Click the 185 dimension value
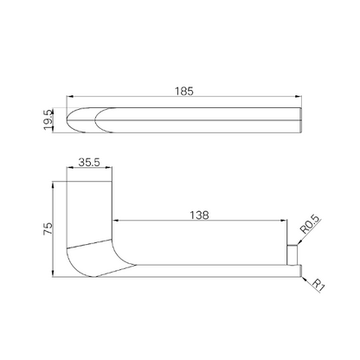coord(184,91)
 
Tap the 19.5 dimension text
coord(48,119)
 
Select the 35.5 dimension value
coord(89,163)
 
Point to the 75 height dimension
coord(48,228)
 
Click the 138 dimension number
coord(199,215)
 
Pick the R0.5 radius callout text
coord(310,225)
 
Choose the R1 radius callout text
coord(318,286)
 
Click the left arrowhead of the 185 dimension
coord(69,97)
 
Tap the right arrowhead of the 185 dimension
coord(299,97)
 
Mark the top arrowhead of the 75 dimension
coord(53,184)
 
